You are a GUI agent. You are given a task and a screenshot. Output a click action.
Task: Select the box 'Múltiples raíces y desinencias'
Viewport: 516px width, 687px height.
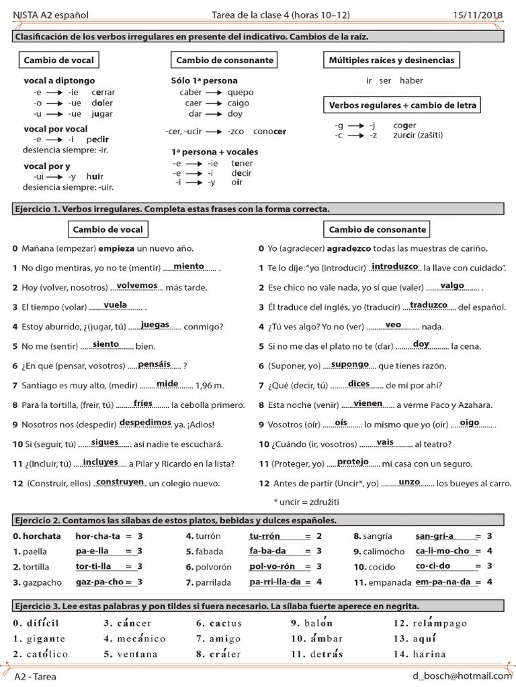391,60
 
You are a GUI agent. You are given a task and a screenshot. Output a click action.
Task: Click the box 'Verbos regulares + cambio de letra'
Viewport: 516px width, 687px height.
403,105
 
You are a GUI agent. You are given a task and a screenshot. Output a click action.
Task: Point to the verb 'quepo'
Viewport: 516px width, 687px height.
241,93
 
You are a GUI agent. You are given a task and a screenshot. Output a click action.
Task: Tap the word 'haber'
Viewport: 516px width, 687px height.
411,81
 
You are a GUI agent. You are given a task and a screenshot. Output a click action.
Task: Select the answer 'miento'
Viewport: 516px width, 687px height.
188,266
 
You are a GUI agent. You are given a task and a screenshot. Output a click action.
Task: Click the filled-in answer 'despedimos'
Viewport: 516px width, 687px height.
146,423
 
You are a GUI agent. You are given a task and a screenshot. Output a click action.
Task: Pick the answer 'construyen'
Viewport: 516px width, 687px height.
120,482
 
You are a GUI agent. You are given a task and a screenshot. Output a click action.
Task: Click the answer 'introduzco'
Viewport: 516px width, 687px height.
395,266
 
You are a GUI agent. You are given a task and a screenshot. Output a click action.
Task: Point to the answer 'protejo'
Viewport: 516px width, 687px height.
353,462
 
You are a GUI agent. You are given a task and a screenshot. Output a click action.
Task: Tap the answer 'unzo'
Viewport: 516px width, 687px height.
409,482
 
